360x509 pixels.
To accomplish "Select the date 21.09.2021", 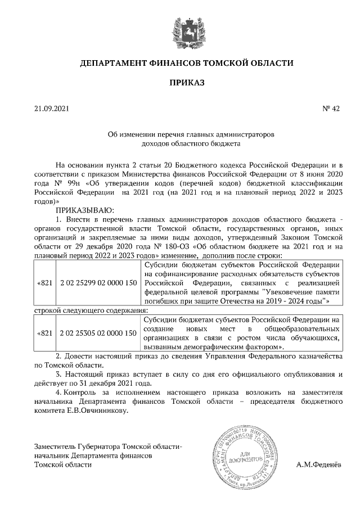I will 51,110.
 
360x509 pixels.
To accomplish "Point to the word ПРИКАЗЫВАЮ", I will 85,210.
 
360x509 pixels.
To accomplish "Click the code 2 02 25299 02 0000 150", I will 98,282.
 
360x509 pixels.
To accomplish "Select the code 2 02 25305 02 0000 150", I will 98,334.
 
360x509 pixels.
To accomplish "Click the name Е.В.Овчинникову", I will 96,410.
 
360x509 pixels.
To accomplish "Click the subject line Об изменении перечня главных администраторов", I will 190,135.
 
